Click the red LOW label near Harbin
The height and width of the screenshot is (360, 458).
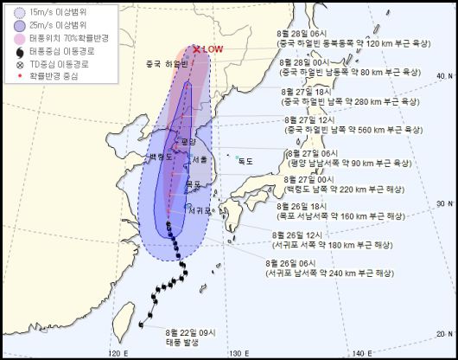[213, 49]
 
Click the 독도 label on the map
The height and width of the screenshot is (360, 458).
[246, 159]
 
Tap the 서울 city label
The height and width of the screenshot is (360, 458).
[200, 159]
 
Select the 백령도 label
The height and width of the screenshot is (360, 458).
[162, 157]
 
